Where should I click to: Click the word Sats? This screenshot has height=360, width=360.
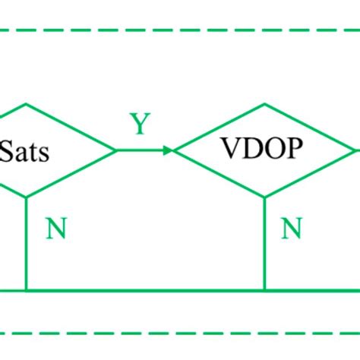coord(26,152)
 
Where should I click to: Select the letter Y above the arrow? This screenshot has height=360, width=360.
coord(139,125)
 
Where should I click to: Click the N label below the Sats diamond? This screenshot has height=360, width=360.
coord(56,229)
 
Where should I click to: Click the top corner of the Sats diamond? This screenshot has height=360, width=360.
coord(27,104)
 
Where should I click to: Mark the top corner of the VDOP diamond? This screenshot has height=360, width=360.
coord(264,104)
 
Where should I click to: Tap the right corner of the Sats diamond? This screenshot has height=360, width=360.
coord(115,150)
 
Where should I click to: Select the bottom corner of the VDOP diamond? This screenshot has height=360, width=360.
coord(264,197)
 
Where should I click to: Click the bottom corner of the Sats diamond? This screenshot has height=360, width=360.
coord(27,197)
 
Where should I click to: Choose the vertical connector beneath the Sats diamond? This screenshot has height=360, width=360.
coord(27,243)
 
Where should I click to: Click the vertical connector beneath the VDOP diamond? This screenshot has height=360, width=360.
coord(264,243)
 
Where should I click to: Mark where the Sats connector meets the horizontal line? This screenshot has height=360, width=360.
coord(27,290)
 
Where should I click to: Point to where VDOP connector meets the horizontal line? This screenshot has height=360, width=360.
coord(264,290)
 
